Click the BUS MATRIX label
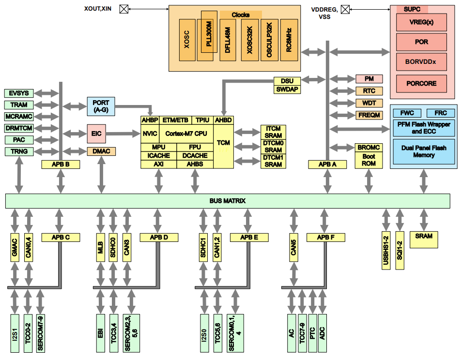click(x=228, y=200)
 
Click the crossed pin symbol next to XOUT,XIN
click(x=124, y=9)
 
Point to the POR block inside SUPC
click(x=421, y=42)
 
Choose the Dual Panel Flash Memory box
click(x=423, y=151)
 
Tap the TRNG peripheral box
click(x=19, y=151)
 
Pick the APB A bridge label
click(x=327, y=165)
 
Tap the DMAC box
click(x=101, y=151)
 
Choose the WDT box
click(x=369, y=103)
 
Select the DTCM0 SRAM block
click(x=273, y=147)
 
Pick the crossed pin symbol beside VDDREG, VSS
click(x=345, y=9)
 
